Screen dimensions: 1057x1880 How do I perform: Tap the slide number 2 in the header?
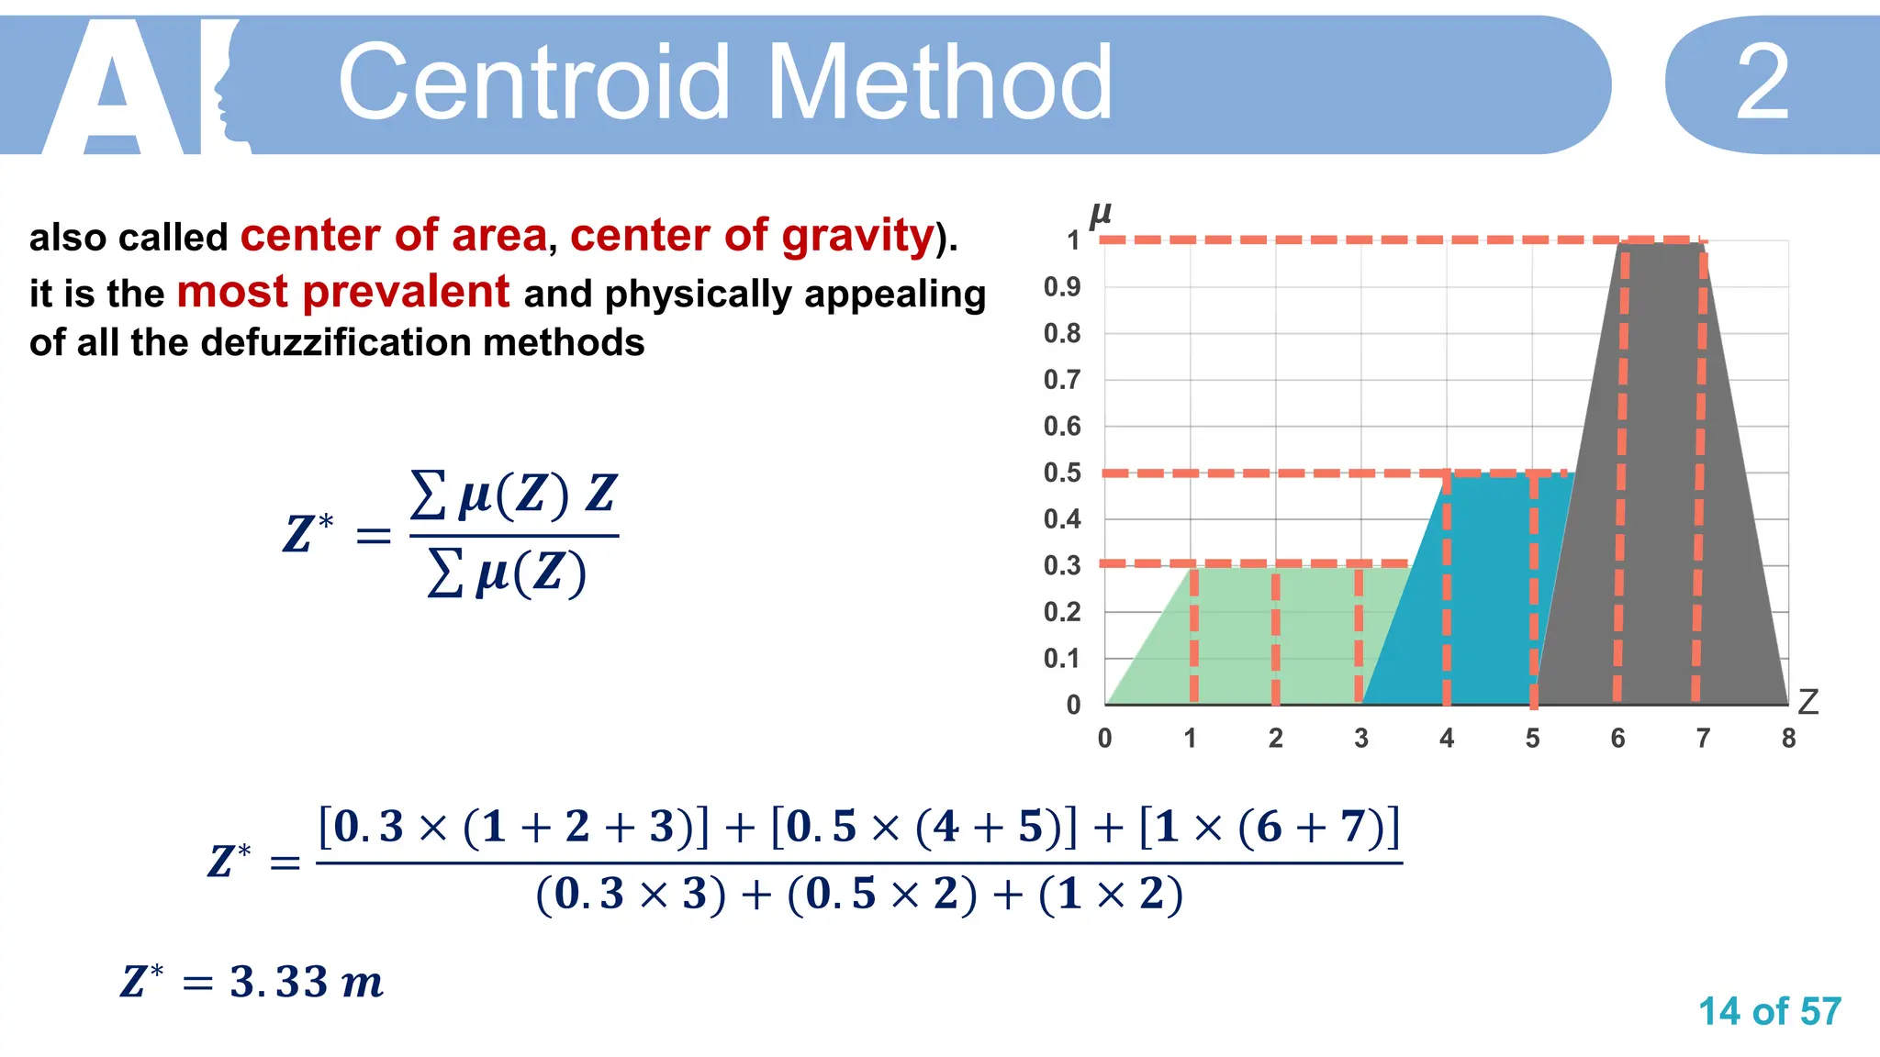tap(1762, 84)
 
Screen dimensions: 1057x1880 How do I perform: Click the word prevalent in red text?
tap(342, 293)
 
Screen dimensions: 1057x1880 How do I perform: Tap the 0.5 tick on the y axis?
tap(1062, 473)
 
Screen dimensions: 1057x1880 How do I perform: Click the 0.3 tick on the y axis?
tap(1062, 565)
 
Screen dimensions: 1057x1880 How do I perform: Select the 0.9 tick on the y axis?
tap(1062, 287)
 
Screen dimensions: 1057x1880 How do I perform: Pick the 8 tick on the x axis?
tap(1788, 739)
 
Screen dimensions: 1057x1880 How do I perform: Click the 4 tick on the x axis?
tap(1447, 739)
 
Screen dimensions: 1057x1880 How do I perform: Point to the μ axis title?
tap(1100, 215)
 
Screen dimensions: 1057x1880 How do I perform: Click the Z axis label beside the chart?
tap(1807, 702)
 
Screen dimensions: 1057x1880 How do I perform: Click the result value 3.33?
tap(279, 983)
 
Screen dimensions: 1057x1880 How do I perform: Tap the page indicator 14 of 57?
tap(1769, 1012)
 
